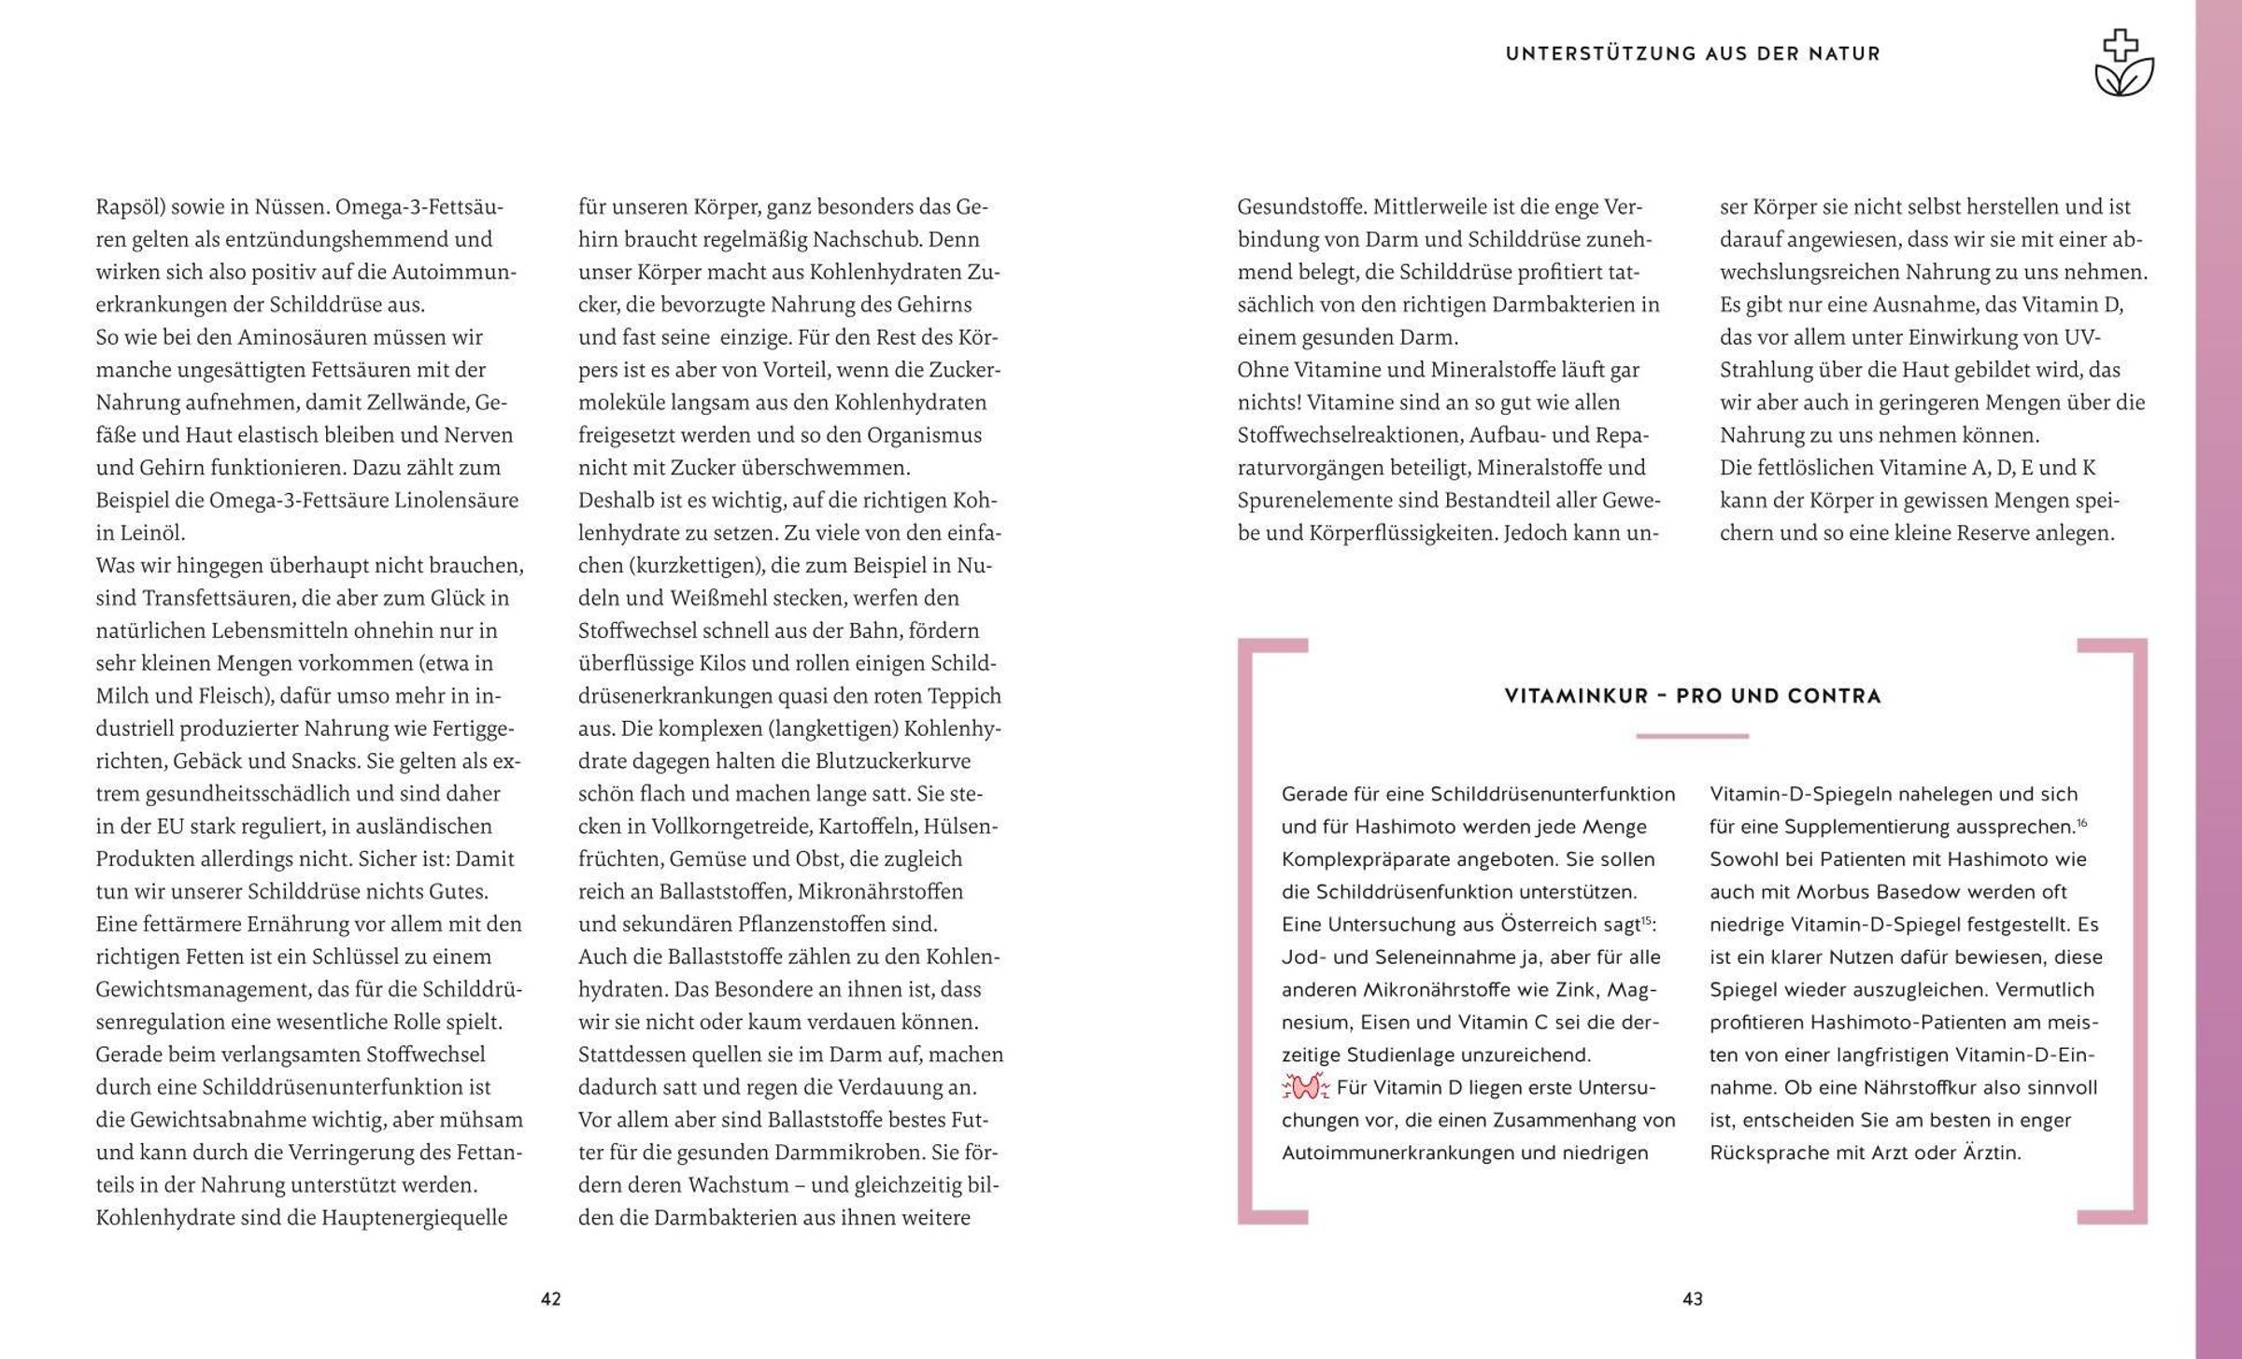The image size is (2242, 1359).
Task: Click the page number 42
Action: click(551, 1298)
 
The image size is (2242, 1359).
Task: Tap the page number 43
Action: click(1693, 1298)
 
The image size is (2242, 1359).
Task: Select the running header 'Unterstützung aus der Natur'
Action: click(1693, 54)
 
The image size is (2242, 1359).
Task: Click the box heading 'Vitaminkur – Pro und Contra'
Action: click(1693, 696)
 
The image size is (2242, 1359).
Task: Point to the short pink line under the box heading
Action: click(1692, 736)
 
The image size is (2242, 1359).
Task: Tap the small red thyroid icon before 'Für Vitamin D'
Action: click(1306, 1087)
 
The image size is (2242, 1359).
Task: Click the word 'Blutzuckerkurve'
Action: click(893, 761)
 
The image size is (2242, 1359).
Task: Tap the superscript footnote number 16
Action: click(2082, 823)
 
